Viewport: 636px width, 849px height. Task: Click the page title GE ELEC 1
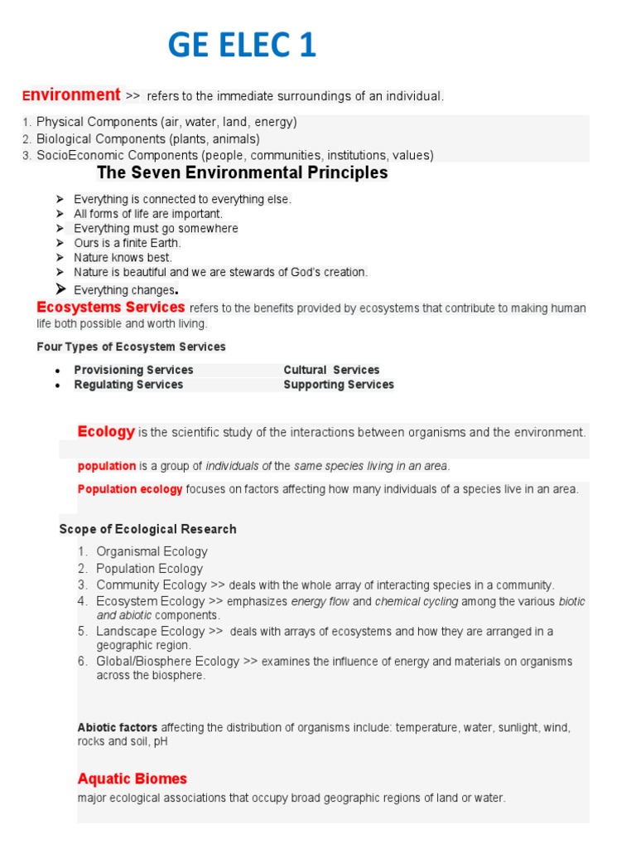click(x=242, y=45)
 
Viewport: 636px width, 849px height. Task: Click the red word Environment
click(x=72, y=95)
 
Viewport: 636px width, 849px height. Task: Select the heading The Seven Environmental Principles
click(x=242, y=173)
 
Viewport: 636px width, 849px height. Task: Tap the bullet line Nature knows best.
click(x=123, y=258)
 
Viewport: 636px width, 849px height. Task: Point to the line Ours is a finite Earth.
click(x=127, y=243)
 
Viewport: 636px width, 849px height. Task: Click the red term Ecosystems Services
click(x=111, y=308)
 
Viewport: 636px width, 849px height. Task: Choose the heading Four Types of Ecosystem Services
click(x=131, y=347)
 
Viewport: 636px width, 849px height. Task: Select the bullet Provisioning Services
click(x=133, y=370)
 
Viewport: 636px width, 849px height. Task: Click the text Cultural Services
click(x=331, y=370)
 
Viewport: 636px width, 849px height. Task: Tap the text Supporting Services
click(x=338, y=385)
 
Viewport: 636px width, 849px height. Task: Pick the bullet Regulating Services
click(x=128, y=385)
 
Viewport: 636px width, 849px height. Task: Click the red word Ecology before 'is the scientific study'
click(x=106, y=431)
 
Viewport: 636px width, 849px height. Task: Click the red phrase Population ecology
click(x=130, y=489)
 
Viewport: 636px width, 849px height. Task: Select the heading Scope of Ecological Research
click(x=147, y=529)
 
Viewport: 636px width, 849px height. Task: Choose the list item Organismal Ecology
click(x=152, y=551)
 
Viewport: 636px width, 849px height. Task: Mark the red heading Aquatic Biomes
click(x=132, y=779)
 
